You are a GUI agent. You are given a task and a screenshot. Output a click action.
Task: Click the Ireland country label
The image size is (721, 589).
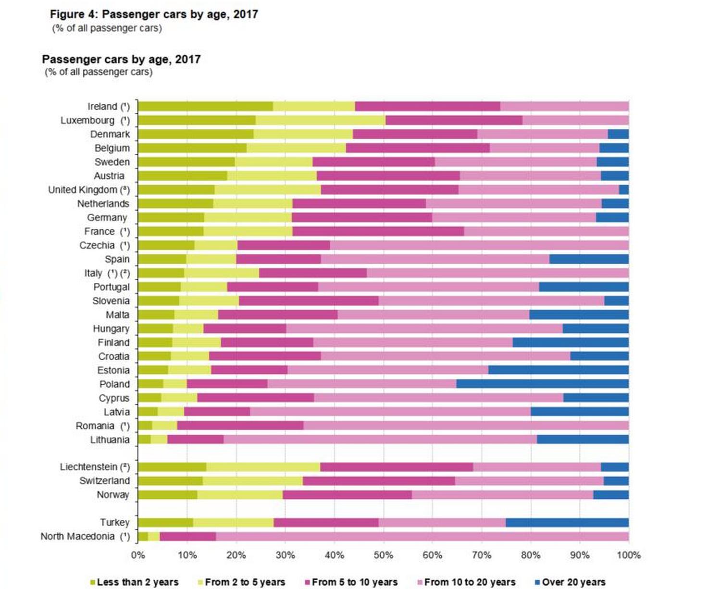(108, 107)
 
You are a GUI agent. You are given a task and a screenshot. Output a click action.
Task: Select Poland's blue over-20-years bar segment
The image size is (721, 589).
(542, 384)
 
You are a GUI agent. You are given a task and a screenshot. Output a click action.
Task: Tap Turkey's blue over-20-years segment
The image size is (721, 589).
(567, 522)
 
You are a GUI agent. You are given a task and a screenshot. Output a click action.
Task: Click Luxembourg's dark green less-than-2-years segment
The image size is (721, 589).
(197, 120)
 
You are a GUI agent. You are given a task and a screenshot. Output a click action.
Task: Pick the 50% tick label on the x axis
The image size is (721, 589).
(383, 555)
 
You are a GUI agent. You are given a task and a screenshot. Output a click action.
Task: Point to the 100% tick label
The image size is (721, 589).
(628, 555)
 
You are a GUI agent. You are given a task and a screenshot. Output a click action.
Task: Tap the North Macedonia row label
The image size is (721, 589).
(85, 537)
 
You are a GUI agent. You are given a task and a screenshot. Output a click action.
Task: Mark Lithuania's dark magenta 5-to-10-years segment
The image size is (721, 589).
(196, 440)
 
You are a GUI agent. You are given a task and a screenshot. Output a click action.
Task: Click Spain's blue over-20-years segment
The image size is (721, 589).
(589, 259)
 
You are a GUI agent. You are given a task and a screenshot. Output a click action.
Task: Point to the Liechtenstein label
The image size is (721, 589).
(94, 467)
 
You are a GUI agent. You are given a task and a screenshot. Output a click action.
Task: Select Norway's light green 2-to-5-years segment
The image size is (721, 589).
(240, 495)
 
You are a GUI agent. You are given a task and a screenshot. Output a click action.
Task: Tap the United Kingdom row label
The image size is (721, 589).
(89, 190)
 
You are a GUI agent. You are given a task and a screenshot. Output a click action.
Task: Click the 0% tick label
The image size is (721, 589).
(138, 555)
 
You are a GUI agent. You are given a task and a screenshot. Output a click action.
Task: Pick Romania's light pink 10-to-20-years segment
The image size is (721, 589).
(466, 426)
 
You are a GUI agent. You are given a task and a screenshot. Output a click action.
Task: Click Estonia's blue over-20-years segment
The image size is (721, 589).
(558, 370)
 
